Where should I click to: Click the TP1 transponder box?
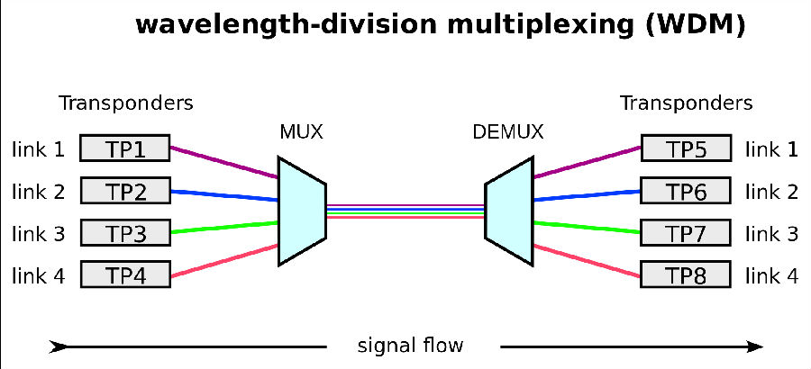click(x=125, y=148)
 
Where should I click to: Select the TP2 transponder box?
click(x=125, y=190)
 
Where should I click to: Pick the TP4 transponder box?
click(x=125, y=274)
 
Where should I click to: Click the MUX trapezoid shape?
click(x=301, y=211)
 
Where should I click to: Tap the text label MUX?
click(x=301, y=133)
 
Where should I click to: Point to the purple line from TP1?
click(x=224, y=162)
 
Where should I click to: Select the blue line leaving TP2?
click(x=224, y=194)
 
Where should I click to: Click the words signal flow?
click(x=410, y=346)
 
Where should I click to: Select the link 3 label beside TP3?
click(x=39, y=234)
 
